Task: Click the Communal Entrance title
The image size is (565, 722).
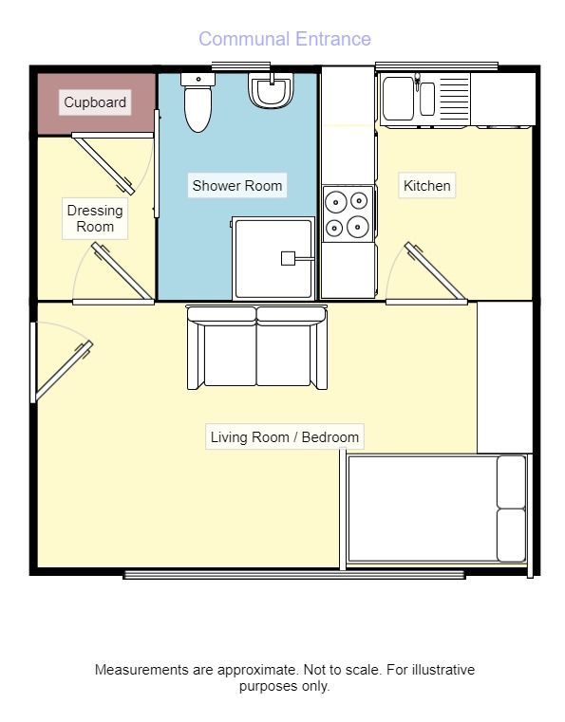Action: pyautogui.click(x=284, y=39)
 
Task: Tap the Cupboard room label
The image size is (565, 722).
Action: pyautogui.click(x=95, y=102)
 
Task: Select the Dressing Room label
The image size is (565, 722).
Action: pyautogui.click(x=95, y=218)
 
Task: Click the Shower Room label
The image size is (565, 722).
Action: pyautogui.click(x=236, y=186)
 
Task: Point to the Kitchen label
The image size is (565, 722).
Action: pyautogui.click(x=426, y=186)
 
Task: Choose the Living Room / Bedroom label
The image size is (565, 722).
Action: pyautogui.click(x=284, y=437)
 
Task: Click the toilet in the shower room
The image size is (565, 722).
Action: pyautogui.click(x=198, y=102)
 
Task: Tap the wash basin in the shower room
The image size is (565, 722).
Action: pyautogui.click(x=272, y=91)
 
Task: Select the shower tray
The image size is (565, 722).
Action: pyautogui.click(x=273, y=259)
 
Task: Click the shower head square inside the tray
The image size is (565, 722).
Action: pyautogui.click(x=288, y=258)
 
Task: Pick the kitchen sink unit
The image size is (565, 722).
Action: pyautogui.click(x=425, y=100)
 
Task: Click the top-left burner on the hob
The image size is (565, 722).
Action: pyautogui.click(x=336, y=202)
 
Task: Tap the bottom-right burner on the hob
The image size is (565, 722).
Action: pyautogui.click(x=358, y=227)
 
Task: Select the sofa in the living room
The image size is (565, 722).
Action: pyautogui.click(x=257, y=347)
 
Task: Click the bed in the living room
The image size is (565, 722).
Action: pyautogui.click(x=437, y=509)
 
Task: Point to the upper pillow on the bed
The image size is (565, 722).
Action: pyautogui.click(x=511, y=482)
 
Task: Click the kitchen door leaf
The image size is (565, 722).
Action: pyautogui.click(x=435, y=271)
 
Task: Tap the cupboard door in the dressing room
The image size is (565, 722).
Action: pyautogui.click(x=104, y=163)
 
